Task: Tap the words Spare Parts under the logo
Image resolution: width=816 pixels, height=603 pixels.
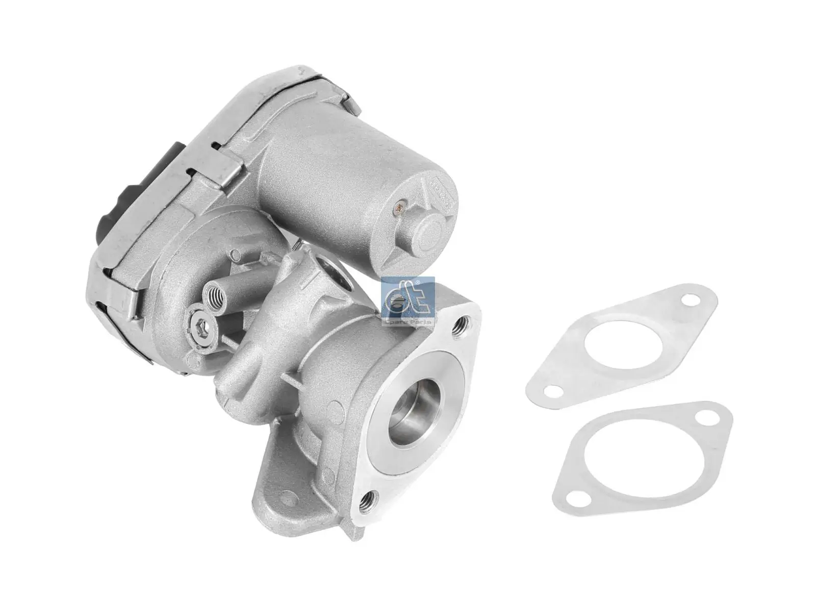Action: pyautogui.click(x=407, y=322)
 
